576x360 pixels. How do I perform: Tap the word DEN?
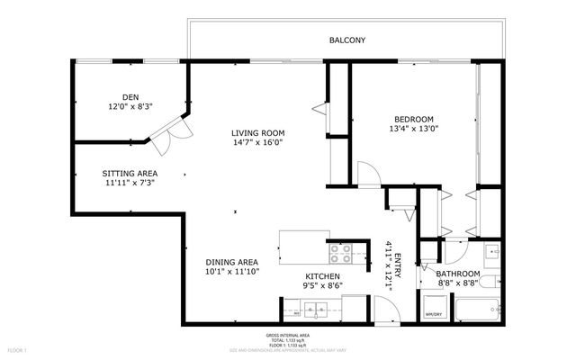[130, 97]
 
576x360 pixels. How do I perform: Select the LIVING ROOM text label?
[257, 133]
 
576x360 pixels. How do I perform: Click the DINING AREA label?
[232, 262]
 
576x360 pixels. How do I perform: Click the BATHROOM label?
[462, 274]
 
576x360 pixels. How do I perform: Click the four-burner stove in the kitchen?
[341, 252]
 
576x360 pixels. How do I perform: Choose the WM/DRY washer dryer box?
[433, 309]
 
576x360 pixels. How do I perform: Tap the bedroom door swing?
[368, 174]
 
